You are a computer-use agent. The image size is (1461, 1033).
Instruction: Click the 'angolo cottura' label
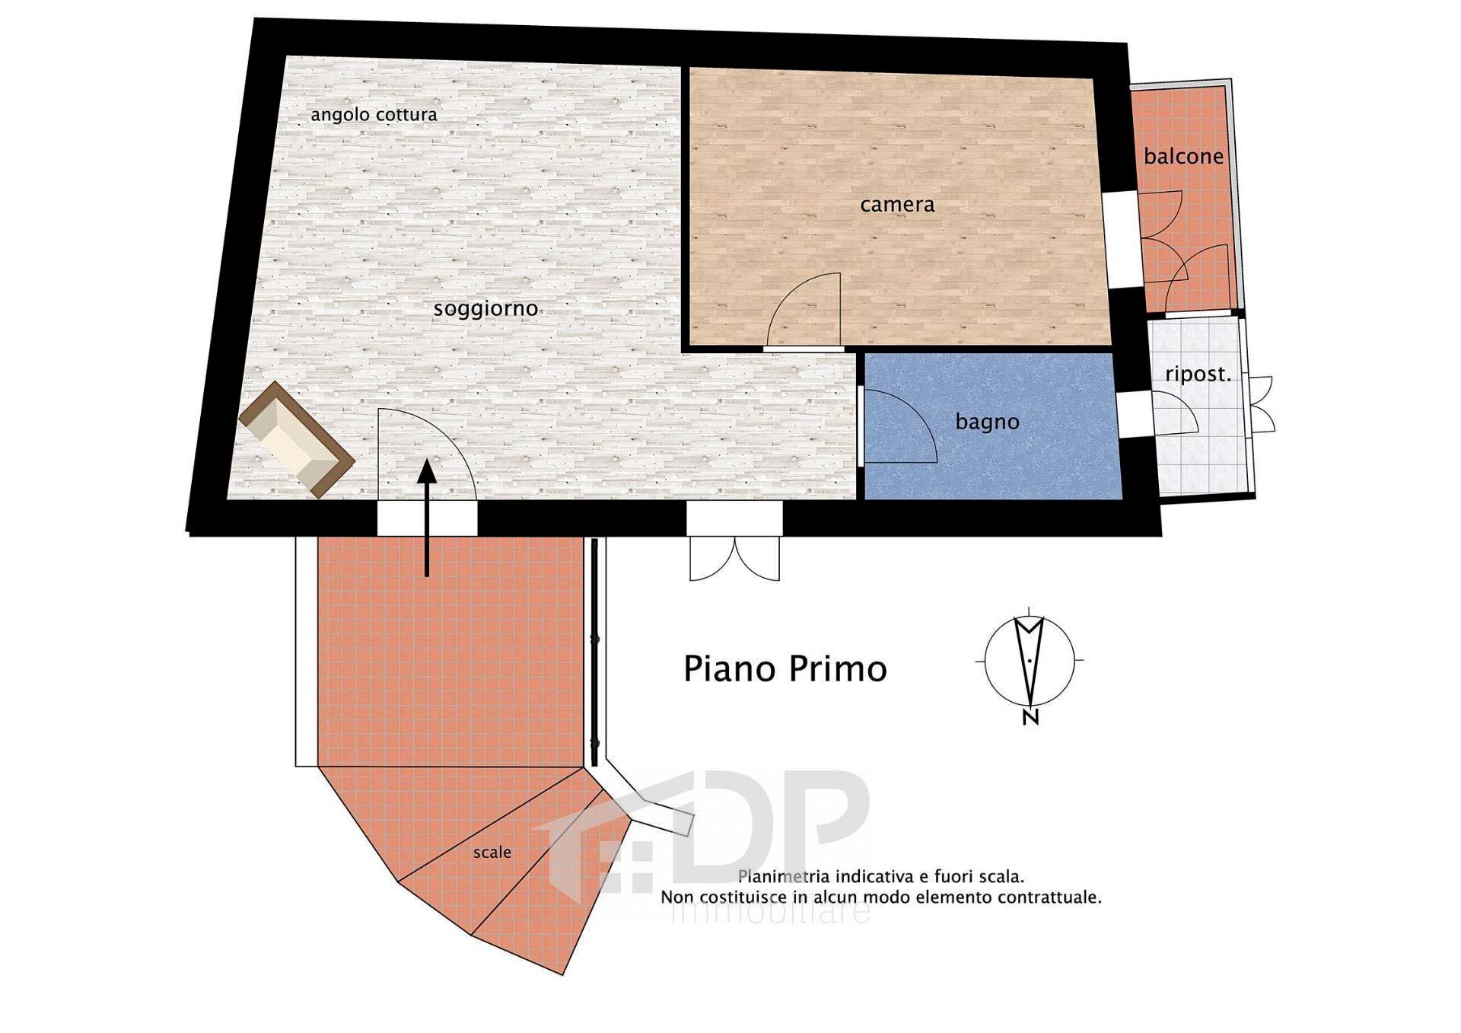pos(374,115)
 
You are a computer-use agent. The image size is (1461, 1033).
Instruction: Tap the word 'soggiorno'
pos(485,309)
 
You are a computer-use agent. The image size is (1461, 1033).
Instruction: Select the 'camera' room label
pos(897,204)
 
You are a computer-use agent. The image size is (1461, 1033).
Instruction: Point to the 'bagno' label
pos(987,422)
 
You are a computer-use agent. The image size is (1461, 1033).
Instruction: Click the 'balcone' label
pos(1183,157)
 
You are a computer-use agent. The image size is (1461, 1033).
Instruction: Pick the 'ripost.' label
pos(1198,375)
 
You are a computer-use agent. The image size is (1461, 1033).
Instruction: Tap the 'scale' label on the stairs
pos(492,853)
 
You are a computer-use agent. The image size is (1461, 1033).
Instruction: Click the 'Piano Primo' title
pos(785,668)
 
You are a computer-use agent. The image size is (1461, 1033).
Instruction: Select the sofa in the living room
pos(296,440)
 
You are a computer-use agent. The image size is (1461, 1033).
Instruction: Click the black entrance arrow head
pos(427,472)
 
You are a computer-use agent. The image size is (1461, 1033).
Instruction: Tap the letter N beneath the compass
pos(1030,717)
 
